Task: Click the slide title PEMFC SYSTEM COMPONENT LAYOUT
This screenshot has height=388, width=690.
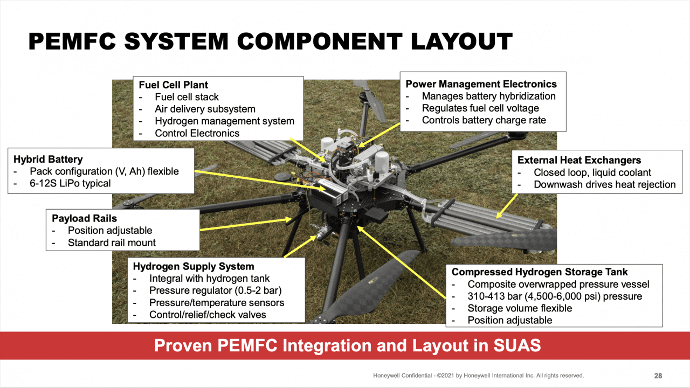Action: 270,42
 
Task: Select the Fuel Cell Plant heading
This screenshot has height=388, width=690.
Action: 173,85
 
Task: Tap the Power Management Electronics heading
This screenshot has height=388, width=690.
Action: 481,84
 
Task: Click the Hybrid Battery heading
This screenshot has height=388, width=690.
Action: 48,160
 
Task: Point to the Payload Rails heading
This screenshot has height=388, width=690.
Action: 84,218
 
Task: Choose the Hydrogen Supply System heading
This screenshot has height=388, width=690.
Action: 194,267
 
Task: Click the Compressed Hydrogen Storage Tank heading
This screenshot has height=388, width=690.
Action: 540,272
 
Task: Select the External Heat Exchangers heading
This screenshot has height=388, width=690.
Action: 579,160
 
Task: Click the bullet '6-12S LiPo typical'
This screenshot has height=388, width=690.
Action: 70,183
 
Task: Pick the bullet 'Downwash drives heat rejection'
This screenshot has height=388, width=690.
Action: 604,184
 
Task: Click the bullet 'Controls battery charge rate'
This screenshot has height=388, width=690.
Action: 484,120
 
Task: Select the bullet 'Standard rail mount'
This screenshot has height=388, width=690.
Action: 112,242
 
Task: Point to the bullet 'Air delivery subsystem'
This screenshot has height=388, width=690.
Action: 205,109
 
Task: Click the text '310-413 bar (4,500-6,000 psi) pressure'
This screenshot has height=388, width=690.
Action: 555,296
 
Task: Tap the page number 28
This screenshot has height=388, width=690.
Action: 658,376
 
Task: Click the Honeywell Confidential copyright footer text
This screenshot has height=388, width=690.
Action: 478,376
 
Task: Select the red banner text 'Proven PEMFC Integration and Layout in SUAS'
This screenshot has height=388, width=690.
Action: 347,345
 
